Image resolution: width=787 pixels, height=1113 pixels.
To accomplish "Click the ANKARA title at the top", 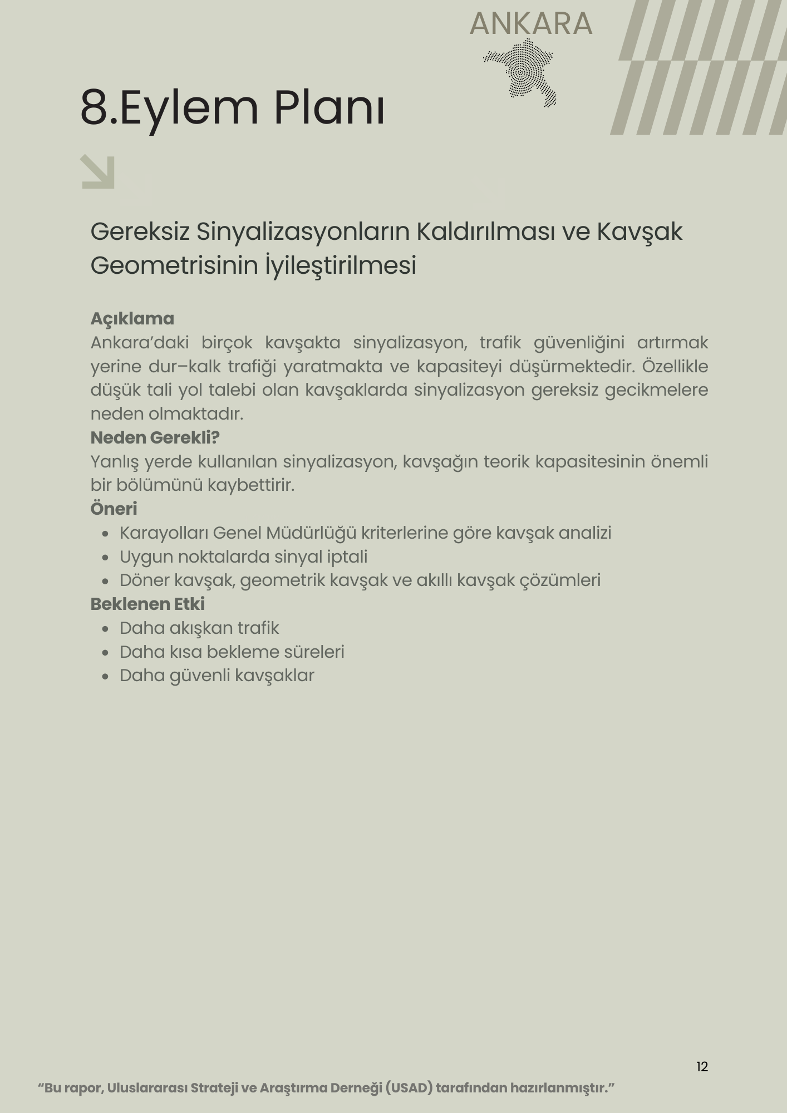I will point(531,23).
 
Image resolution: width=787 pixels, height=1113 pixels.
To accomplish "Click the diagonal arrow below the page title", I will point(98,172).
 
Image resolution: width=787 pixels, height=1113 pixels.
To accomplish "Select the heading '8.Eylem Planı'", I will point(232,107).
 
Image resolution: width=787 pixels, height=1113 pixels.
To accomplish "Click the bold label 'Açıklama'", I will point(132,319).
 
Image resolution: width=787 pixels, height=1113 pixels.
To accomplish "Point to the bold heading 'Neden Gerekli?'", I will point(155,438).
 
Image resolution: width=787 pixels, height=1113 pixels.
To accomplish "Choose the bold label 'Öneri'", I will point(114,509).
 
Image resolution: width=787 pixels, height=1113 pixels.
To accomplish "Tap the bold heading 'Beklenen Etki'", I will point(147,604).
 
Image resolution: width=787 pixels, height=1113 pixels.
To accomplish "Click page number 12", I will point(702,1066).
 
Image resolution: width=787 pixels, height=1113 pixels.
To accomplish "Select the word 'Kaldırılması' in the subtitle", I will point(485,232).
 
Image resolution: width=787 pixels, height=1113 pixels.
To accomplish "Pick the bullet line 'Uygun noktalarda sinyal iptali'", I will point(243,556).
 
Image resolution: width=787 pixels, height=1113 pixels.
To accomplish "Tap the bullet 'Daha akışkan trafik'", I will point(199,628).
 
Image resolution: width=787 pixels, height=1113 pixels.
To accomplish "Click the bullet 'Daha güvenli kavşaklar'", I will point(217,676).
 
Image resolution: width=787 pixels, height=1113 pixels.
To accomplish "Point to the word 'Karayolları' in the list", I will point(164,533).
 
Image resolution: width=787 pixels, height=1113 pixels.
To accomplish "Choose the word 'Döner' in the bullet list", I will point(144,580).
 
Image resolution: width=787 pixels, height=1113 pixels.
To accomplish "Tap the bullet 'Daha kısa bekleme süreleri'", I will point(232,652).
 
